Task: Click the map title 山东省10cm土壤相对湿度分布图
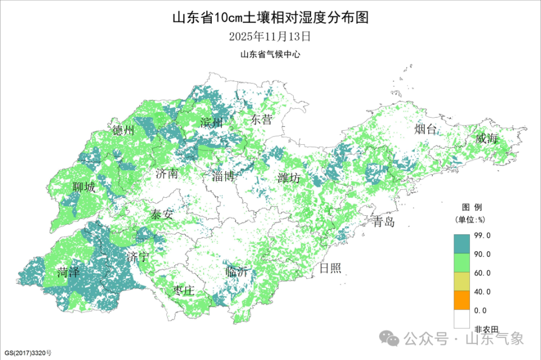coord(270,17)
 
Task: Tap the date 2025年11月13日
coord(270,37)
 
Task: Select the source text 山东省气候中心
coord(270,55)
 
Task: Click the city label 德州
coord(123,131)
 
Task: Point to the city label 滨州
coord(211,122)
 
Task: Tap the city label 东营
coord(261,119)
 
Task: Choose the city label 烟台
coord(425,130)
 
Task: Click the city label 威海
coord(486,138)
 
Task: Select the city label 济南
coord(166,174)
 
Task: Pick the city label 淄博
coord(223,176)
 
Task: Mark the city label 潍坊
coord(289,178)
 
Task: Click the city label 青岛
coord(383,221)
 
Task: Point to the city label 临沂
coord(236,271)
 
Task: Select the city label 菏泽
coord(68,273)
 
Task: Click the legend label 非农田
coord(486,329)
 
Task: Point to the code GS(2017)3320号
coord(26,353)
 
